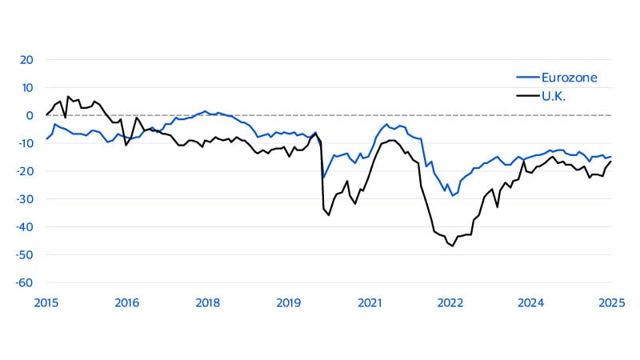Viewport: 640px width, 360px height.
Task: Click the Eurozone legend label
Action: click(570, 78)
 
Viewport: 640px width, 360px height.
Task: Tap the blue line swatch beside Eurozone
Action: click(526, 78)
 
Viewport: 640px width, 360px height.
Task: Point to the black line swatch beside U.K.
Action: click(526, 95)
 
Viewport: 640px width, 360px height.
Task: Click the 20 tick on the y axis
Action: click(26, 60)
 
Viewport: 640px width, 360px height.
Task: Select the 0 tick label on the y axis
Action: click(30, 115)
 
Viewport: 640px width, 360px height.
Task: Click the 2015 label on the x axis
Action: click(46, 302)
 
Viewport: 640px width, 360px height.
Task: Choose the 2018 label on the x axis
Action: click(208, 302)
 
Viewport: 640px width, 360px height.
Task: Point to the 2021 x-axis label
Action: click(369, 302)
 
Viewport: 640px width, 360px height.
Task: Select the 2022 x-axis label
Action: click(450, 302)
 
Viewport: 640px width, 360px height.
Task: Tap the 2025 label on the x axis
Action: click(611, 302)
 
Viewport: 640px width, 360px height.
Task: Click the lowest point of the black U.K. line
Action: click(453, 246)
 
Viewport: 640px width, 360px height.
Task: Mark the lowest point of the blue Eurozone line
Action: click(452, 196)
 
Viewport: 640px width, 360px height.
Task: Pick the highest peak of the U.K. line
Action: click(69, 96)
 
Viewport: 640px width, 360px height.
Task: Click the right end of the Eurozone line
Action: click(611, 157)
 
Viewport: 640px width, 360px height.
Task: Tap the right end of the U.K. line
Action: click(611, 162)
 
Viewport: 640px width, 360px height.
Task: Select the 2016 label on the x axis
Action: click(127, 302)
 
